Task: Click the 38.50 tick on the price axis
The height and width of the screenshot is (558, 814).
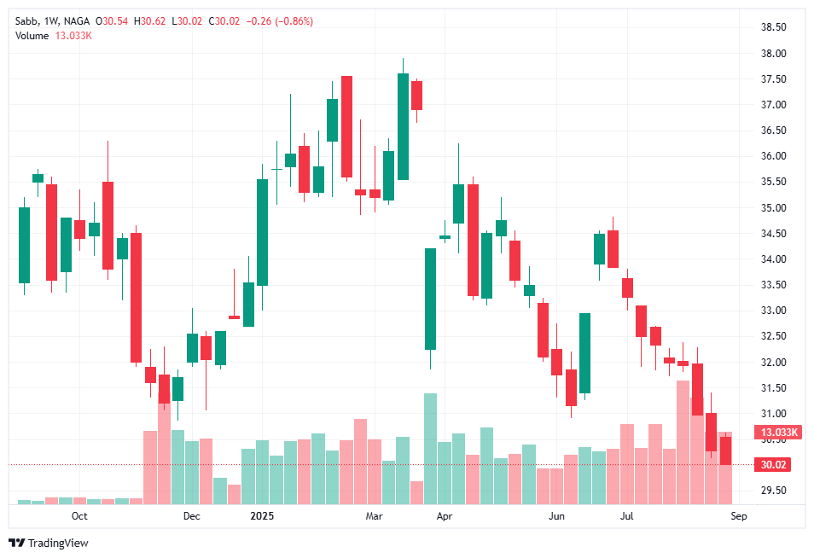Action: tap(773, 27)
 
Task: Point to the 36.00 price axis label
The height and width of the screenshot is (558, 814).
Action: tap(773, 156)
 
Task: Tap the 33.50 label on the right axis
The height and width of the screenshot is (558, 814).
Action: tap(773, 285)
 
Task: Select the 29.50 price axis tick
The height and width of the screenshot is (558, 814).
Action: tap(773, 491)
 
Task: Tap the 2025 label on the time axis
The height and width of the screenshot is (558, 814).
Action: tap(260, 516)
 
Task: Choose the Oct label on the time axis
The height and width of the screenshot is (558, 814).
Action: tap(79, 516)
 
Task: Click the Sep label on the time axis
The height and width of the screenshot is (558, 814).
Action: tap(738, 516)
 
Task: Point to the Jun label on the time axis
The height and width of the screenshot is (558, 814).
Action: tap(556, 516)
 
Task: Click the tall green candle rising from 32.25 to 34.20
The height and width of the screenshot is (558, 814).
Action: tap(430, 299)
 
